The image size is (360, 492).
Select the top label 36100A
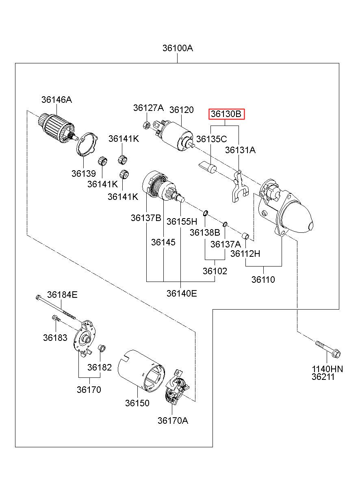(x=178, y=48)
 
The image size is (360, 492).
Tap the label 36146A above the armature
(x=56, y=100)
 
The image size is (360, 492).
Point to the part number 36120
(x=182, y=110)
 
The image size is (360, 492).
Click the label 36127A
(x=148, y=108)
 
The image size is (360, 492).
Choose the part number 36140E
(x=182, y=293)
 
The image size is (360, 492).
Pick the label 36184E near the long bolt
(x=62, y=295)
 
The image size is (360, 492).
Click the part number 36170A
(x=173, y=420)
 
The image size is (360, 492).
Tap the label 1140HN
(x=327, y=369)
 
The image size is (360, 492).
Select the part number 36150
(x=137, y=403)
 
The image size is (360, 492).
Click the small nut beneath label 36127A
(x=147, y=124)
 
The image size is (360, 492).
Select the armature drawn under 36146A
(x=56, y=128)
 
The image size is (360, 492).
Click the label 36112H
(x=245, y=254)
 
